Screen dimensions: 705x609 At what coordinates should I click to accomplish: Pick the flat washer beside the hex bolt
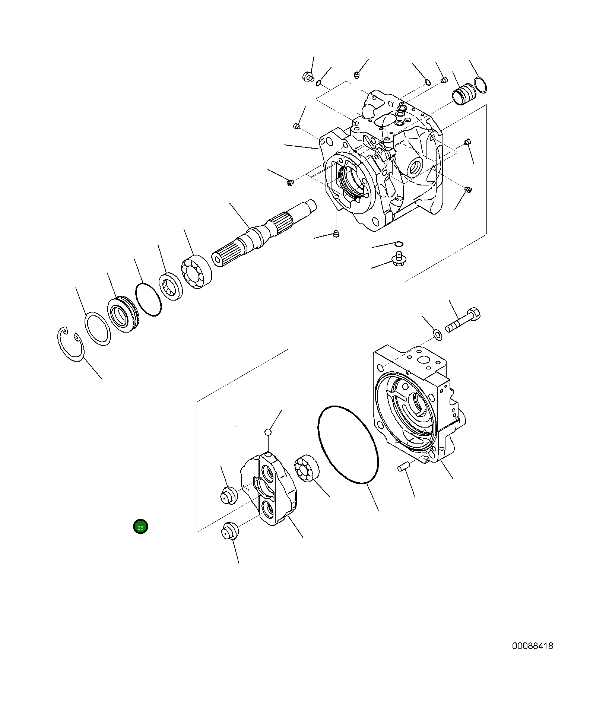(438, 334)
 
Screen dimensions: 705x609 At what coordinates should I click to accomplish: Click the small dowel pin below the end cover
(403, 466)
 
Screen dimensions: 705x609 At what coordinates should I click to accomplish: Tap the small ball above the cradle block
(268, 432)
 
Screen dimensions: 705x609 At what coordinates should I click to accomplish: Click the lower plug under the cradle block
(229, 531)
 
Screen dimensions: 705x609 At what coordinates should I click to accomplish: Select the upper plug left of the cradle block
(228, 495)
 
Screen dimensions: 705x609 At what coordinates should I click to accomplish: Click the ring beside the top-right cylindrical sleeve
(480, 85)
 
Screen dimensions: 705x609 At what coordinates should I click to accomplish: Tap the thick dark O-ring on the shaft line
(148, 299)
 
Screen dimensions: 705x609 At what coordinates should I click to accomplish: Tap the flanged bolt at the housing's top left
(308, 77)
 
